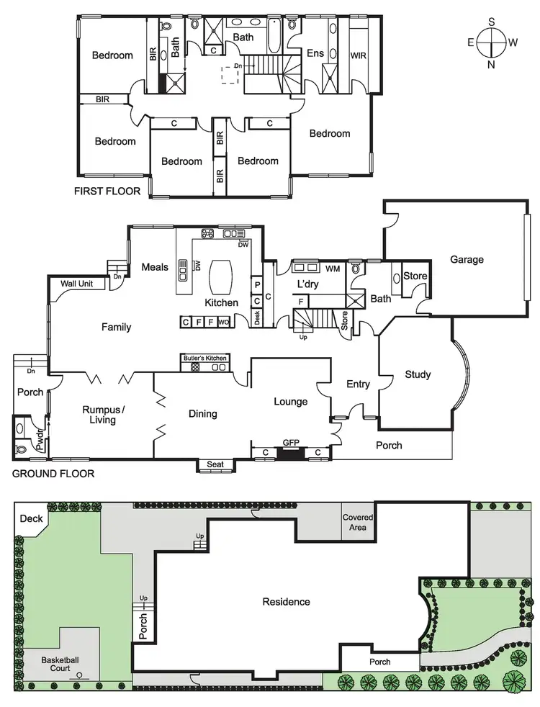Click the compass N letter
point(492,65)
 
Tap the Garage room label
point(467,259)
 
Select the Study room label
point(418,374)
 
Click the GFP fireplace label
point(291,443)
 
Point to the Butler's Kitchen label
point(204,358)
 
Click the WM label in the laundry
point(332,269)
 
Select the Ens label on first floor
point(315,53)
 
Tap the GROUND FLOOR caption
point(53,474)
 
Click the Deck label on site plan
point(31,518)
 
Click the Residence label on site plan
point(286,602)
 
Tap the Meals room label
point(155,267)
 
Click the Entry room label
point(358,384)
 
